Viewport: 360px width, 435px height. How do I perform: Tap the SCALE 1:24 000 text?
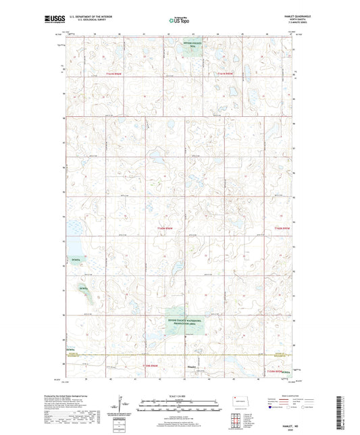180,396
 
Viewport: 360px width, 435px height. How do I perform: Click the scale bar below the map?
180,404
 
